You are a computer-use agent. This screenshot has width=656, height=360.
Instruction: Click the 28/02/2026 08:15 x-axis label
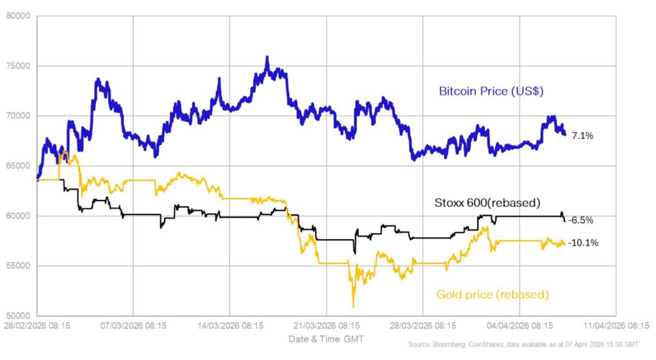click(37, 325)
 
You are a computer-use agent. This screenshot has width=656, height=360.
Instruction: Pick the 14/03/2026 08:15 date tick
click(229, 325)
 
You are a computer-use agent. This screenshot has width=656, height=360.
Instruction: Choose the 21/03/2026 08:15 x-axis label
click(326, 325)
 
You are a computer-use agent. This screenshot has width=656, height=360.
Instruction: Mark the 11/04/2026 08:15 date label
click(616, 325)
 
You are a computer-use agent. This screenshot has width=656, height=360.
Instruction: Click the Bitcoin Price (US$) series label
click(491, 91)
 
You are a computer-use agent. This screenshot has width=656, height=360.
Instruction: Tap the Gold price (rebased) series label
click(492, 295)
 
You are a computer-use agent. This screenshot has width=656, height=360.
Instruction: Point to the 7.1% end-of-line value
click(582, 136)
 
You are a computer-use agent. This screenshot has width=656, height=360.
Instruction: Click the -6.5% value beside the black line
click(580, 220)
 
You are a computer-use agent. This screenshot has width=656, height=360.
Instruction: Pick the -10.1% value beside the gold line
click(583, 243)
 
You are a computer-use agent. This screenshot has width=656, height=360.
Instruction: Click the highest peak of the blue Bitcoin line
click(266, 57)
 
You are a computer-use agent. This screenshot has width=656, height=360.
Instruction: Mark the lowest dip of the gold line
click(353, 307)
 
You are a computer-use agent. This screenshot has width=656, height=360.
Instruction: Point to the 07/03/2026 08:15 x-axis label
click(133, 325)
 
